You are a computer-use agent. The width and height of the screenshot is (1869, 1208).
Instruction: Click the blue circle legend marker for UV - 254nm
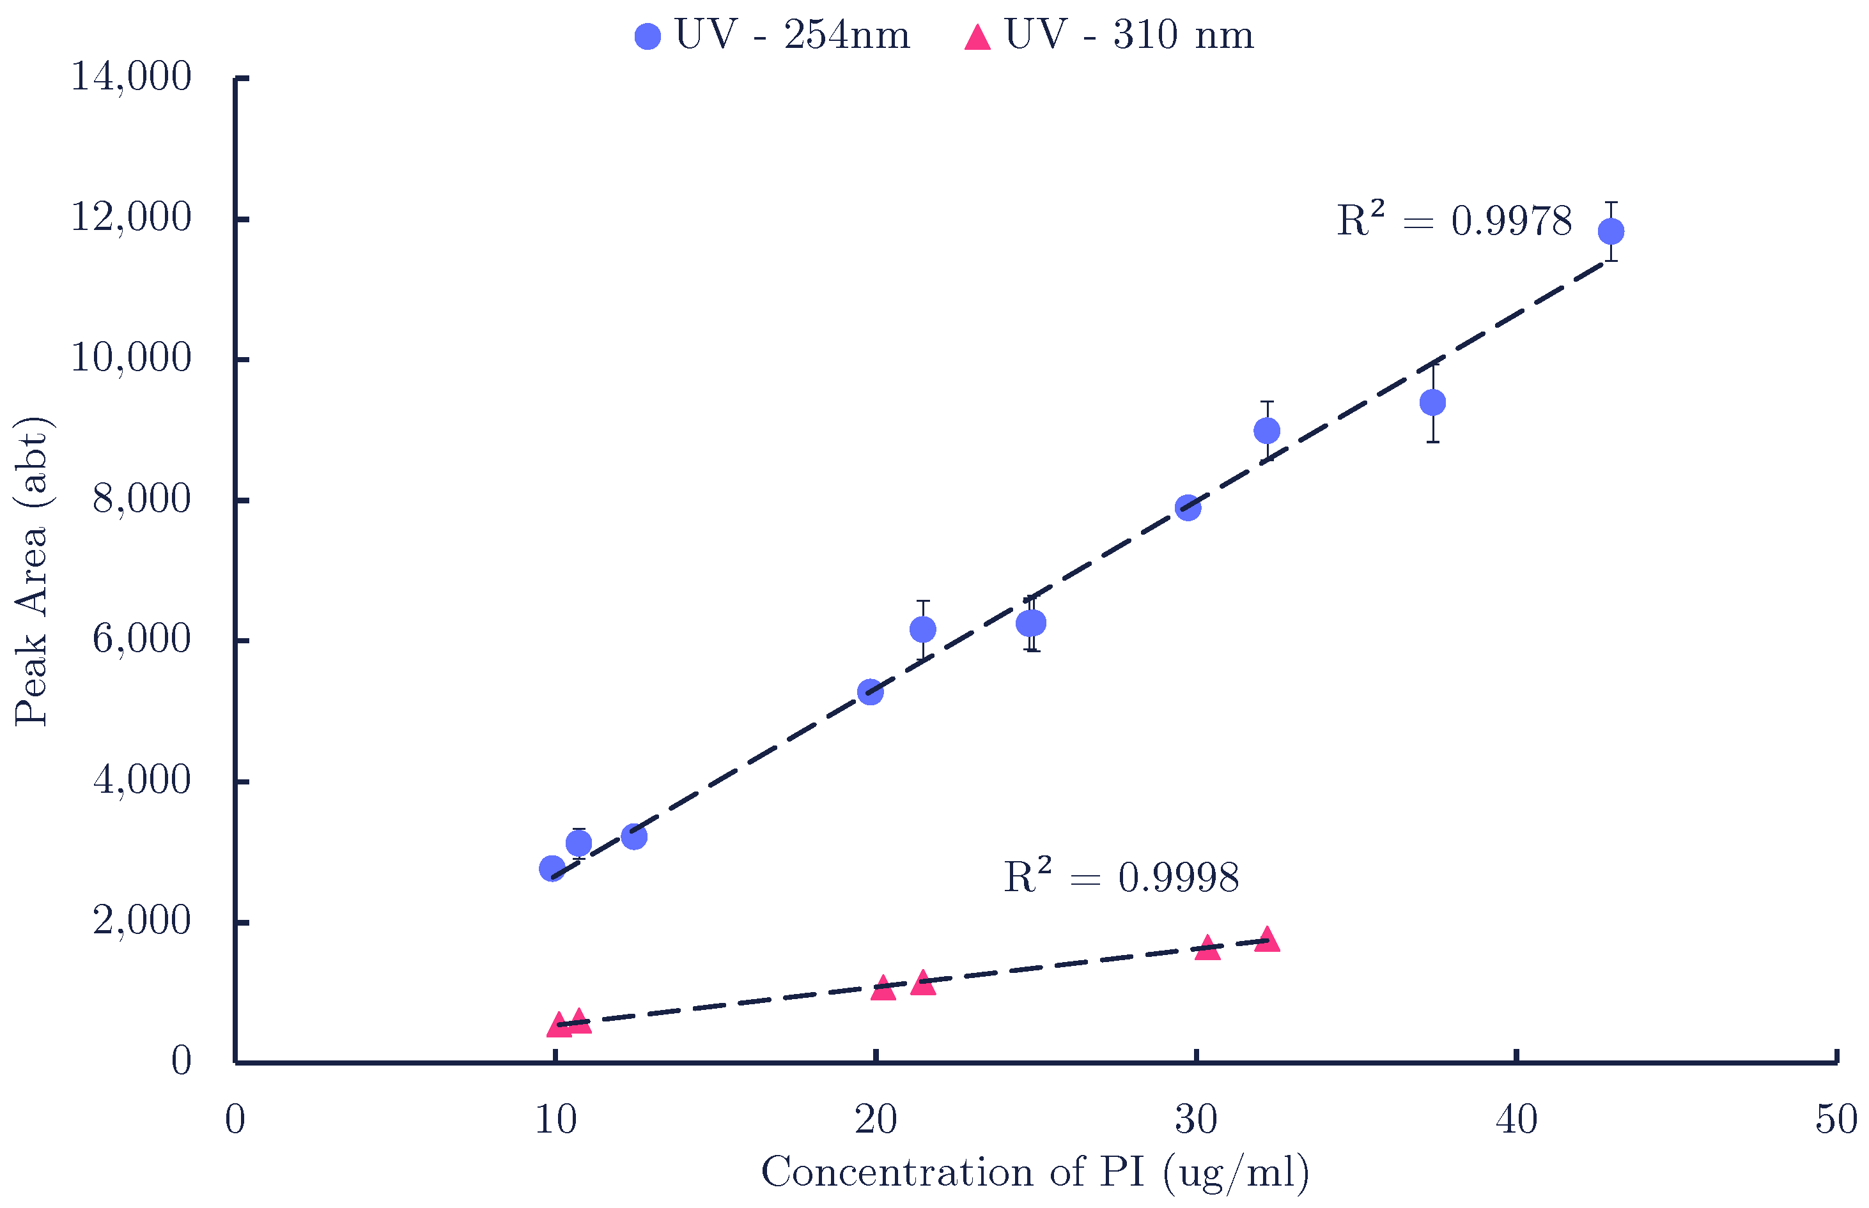tap(648, 36)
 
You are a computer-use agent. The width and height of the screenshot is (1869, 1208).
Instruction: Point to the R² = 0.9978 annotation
tap(1454, 220)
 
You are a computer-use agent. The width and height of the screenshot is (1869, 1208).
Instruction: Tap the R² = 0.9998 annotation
tap(1121, 877)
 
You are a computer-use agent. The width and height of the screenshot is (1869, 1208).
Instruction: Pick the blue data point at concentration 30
tap(1188, 508)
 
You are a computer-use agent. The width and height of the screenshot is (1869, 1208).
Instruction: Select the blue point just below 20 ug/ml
tap(870, 692)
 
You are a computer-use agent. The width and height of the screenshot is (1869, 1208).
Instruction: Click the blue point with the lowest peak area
tap(552, 868)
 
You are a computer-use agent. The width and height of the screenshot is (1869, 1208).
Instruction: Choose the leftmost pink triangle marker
tap(559, 1025)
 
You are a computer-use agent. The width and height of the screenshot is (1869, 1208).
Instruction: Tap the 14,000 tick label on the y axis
tap(131, 78)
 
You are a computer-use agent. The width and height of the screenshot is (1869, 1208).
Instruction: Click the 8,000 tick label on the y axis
tap(141, 500)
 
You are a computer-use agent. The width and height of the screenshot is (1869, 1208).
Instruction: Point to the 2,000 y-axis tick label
tap(141, 921)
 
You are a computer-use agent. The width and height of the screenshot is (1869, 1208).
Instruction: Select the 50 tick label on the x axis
tap(1836, 1120)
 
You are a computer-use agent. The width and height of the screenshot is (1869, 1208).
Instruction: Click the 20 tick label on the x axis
tap(876, 1120)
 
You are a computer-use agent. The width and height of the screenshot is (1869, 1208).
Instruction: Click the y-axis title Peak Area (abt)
tap(31, 571)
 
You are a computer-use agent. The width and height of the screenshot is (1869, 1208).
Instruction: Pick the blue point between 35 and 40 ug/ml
tap(1432, 403)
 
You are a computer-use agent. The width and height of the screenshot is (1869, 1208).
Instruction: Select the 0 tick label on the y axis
tap(182, 1061)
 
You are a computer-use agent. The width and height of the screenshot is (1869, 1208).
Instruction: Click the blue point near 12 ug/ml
tap(633, 837)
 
